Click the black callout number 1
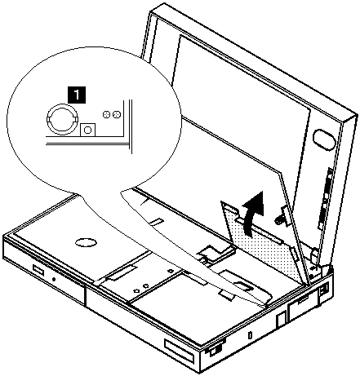tap(77, 95)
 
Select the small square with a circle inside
tap(88, 130)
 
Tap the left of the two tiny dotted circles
tap(106, 115)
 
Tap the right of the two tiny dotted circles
tap(117, 115)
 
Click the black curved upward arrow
tap(254, 212)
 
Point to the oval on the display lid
tap(324, 139)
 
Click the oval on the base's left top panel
tap(86, 242)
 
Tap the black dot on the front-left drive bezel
tap(54, 279)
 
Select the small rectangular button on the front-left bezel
tap(38, 269)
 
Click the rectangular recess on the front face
tap(180, 349)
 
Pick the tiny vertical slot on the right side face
tap(251, 335)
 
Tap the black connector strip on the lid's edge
tap(324, 198)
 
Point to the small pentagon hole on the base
tap(136, 290)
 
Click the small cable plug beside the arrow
tap(282, 216)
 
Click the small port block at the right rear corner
tap(324, 290)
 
